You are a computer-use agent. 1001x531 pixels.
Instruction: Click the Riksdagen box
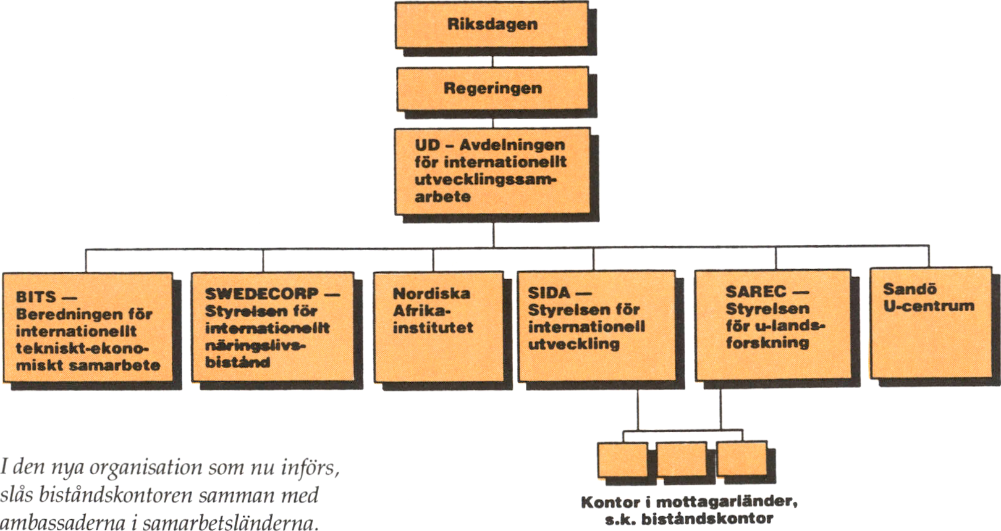(492, 25)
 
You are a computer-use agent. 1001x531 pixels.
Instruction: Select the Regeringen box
(492, 88)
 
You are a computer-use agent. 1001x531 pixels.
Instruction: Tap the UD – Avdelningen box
(492, 171)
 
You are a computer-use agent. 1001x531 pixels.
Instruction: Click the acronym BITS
(36, 297)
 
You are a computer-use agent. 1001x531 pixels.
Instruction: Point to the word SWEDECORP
(262, 293)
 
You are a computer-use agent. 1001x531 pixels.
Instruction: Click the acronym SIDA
(549, 292)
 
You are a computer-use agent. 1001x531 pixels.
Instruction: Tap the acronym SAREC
(755, 291)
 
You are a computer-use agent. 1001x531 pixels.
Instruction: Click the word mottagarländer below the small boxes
(726, 502)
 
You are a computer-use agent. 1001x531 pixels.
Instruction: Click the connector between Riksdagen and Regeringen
(492, 57)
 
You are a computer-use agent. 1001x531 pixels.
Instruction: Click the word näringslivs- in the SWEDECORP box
(255, 345)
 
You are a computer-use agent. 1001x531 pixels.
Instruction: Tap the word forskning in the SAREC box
(767, 343)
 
